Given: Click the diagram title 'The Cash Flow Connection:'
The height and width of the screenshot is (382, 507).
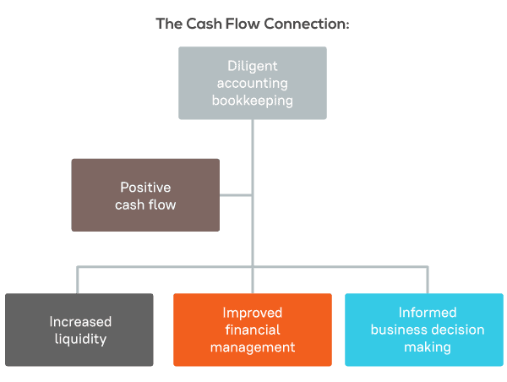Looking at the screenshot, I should pos(253,24).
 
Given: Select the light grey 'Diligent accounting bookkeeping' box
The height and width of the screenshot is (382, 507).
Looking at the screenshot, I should pos(253,83).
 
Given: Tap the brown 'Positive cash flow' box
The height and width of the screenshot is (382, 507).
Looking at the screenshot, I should pos(145,195).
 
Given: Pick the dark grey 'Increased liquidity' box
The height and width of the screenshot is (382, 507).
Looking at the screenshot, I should pos(79,330).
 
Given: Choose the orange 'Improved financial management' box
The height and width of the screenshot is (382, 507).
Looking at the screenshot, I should pos(253,330).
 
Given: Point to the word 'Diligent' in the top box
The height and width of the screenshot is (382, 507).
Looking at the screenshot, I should pos(253,65).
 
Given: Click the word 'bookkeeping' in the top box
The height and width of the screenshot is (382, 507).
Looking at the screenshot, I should pos(253,100).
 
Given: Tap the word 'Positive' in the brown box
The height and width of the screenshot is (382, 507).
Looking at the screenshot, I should pos(145,187).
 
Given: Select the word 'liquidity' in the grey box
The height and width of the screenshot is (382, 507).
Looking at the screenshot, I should pos(80,339).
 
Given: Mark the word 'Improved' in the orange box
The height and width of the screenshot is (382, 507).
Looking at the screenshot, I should pos(253,313).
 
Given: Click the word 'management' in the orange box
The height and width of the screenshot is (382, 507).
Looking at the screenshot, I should pos(253,347).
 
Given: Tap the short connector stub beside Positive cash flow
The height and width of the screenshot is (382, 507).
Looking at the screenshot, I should pos(236,195).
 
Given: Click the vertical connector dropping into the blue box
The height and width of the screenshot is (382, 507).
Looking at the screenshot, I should pos(427,280).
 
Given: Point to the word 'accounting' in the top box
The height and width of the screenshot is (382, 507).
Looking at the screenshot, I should pos(253,83).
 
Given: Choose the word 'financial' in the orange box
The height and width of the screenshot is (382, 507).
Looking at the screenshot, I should pos(253,330).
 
